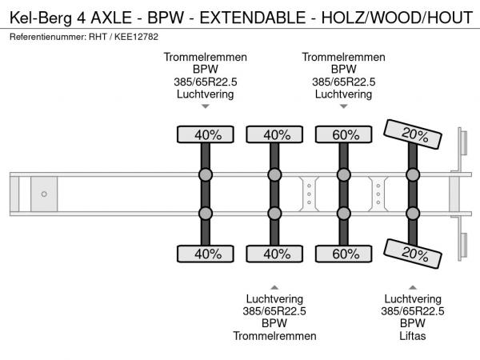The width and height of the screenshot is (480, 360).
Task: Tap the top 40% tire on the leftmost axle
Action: (206, 134)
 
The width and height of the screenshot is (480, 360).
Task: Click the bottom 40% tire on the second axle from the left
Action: (275, 254)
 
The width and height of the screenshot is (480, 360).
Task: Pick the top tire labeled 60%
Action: (345, 134)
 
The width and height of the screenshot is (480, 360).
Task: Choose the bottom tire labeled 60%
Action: (345, 254)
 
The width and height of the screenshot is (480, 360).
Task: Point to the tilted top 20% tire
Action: (414, 134)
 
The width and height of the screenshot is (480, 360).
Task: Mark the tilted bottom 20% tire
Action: (414, 254)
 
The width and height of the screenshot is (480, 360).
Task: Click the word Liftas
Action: (413, 336)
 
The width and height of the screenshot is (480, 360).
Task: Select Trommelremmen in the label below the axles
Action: (275, 336)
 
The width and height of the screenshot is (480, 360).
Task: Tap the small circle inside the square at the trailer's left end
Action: (44, 194)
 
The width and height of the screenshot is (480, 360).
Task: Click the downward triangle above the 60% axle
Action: (344, 106)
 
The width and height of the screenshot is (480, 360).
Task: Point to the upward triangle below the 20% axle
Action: (413, 286)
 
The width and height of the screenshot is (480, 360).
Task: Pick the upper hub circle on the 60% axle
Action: (345, 175)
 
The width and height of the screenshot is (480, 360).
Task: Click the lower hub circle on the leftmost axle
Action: (206, 213)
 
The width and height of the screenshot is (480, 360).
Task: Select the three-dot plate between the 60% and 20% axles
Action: (378, 194)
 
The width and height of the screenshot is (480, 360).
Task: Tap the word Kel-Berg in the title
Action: (36, 14)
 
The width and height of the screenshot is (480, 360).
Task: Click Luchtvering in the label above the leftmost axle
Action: (206, 94)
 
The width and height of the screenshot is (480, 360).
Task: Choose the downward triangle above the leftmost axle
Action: (206, 106)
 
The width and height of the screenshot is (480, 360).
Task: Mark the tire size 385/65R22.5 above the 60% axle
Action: (344, 82)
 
